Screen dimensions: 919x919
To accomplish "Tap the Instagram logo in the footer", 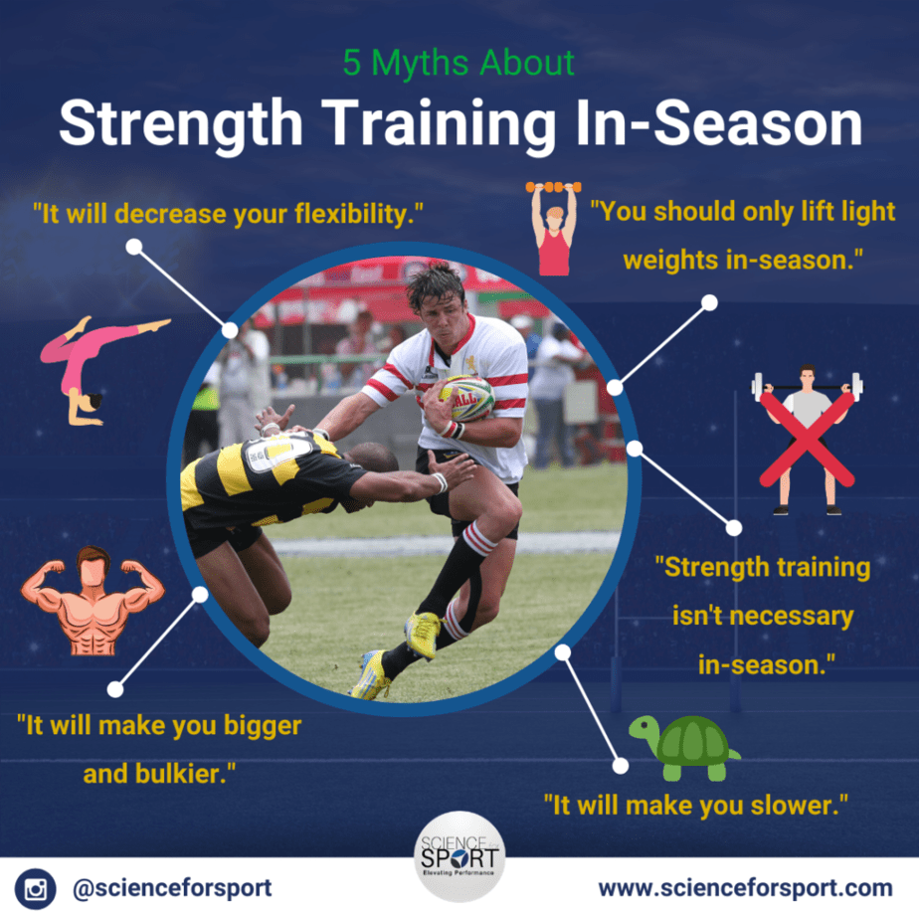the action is pos(35,888).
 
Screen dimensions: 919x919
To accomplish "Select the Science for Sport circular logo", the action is pos(459,856).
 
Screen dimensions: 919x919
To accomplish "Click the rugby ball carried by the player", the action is pos(466,398).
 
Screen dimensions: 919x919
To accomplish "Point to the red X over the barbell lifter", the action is pos(807,439).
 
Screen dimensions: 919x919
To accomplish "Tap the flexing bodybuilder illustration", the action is pos(92,600).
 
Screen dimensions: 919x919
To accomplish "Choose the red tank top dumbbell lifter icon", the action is pos(554,229).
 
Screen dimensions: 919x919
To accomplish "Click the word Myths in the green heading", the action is pos(419,64).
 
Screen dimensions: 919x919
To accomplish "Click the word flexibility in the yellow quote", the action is pos(359,214).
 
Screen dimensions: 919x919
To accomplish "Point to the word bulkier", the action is pos(185,774).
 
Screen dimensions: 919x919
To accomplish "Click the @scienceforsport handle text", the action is pos(172,888).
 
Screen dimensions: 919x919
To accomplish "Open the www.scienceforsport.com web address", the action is pos(746,888).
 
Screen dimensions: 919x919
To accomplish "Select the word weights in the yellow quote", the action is pos(670,260).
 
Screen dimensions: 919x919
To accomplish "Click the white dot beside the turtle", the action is pos(620,766).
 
